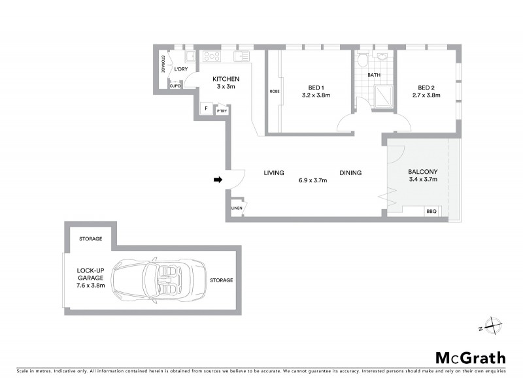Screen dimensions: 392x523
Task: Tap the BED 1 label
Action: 316,88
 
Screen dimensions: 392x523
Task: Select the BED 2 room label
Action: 426,88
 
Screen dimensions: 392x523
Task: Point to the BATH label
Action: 373,75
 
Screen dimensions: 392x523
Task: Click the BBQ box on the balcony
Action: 431,211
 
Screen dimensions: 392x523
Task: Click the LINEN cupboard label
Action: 237,208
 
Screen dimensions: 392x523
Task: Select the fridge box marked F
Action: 207,108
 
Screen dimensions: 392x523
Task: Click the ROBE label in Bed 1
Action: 273,91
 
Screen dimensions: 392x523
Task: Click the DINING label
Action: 350,173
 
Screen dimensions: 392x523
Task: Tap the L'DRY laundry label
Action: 180,69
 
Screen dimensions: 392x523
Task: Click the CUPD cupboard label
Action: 175,86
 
